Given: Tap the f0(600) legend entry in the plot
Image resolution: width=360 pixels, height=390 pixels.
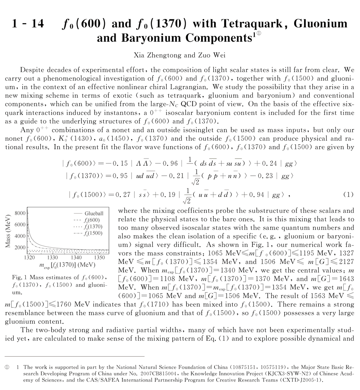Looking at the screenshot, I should point(92,220).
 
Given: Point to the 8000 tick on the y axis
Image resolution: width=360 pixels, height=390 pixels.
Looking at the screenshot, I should point(20,213).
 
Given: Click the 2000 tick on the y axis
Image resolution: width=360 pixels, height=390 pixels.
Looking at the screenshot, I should point(20,247).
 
